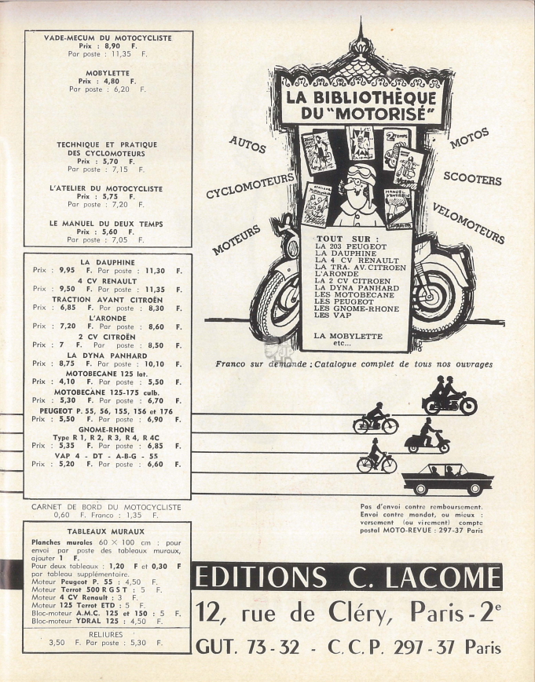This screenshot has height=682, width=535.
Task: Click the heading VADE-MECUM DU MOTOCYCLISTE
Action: tap(108, 38)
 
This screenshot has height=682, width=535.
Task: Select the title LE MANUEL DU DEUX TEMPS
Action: tap(106, 224)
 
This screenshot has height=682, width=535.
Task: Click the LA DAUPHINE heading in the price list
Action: tap(108, 262)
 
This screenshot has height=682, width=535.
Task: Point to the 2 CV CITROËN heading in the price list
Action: tap(107, 337)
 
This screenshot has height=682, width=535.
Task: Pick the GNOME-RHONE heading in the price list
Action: tap(106, 430)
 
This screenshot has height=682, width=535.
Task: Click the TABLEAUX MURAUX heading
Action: tap(106, 531)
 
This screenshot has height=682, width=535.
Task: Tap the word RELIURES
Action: tap(106, 635)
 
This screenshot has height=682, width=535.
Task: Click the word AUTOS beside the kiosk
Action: tap(247, 144)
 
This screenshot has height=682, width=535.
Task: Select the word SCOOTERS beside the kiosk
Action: tap(472, 178)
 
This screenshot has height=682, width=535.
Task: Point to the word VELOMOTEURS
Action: tap(468, 223)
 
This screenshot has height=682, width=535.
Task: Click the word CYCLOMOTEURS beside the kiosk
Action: tap(251, 185)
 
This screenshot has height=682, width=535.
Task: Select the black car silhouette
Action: tap(448, 480)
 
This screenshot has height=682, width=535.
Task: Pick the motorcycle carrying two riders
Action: tap(449, 396)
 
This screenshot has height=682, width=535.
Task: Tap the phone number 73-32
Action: tap(273, 647)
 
